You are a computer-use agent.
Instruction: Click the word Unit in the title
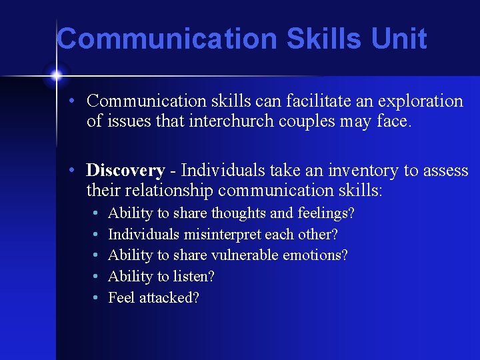399,39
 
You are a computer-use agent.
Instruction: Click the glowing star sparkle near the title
56,75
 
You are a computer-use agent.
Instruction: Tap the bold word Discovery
125,171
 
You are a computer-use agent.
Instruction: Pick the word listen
193,277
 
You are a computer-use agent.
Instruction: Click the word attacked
169,298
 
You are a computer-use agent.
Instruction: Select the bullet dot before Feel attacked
97,298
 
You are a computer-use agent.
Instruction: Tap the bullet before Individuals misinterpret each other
97,235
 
